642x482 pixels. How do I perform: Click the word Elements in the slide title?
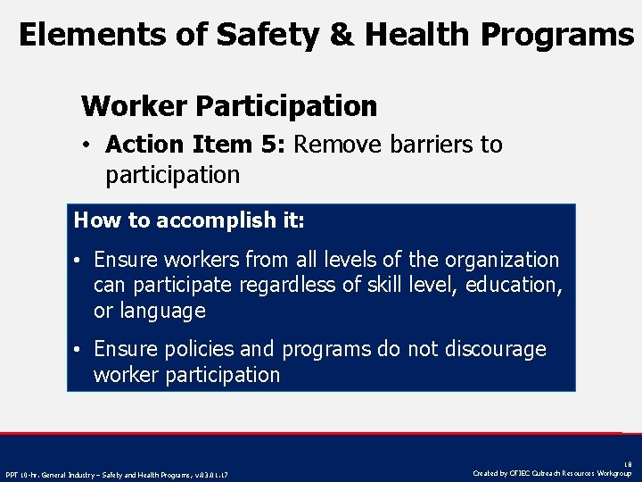[78, 35]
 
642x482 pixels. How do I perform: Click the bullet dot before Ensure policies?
[79, 350]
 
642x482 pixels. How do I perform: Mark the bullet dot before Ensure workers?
[79, 261]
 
